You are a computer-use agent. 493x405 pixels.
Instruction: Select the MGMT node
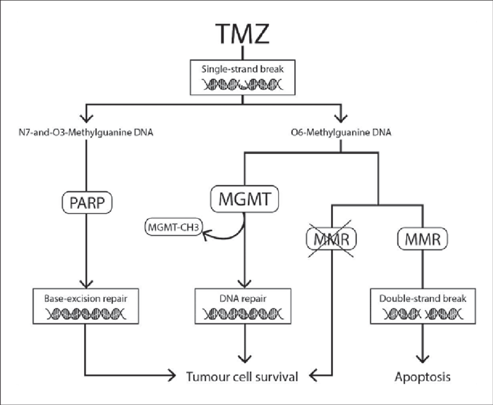[x=244, y=199]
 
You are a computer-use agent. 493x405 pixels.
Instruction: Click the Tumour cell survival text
[x=242, y=377]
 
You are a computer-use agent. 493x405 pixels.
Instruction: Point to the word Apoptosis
[x=422, y=377]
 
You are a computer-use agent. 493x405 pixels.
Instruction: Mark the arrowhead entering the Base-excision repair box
[x=86, y=284]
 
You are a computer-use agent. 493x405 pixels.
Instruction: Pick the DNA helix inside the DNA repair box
[x=244, y=315]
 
